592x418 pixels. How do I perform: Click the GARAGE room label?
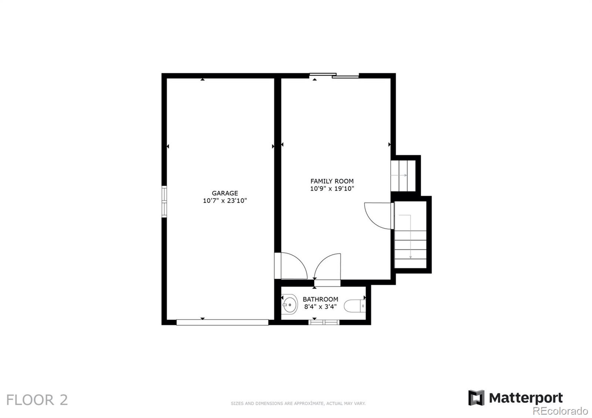pos(225,193)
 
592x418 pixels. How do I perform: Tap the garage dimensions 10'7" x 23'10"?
pos(225,200)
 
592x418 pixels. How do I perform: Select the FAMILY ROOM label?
pos(332,181)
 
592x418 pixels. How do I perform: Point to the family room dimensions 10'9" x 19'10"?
pos(332,189)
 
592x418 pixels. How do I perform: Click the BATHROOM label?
pos(320,299)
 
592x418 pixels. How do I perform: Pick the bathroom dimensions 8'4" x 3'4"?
pos(320,307)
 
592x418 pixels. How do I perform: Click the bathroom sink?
pos(289,304)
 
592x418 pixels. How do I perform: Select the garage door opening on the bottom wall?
pos(222,322)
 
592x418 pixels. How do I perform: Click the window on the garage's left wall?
pos(164,202)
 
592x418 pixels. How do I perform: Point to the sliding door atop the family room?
pos(334,75)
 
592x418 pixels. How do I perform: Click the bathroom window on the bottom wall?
pos(324,322)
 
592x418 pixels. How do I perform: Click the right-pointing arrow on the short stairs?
pos(399,175)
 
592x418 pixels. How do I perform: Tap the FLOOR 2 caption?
pos(37,400)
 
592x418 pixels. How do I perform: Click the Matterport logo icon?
pos(476,398)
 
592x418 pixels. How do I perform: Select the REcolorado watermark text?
pos(560,411)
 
